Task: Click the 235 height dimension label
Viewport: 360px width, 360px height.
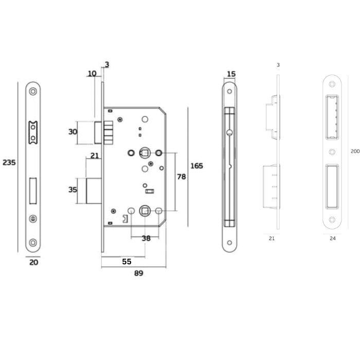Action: point(9,163)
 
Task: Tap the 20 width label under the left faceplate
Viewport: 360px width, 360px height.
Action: point(34,262)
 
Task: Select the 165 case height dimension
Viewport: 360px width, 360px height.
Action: point(197,166)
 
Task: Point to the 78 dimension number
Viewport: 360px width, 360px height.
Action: point(182,176)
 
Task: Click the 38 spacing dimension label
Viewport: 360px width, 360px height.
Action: point(146,238)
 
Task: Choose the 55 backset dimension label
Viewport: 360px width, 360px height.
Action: point(127,261)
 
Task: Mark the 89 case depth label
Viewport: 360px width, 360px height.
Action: point(139,273)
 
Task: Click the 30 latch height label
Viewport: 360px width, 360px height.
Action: point(73,132)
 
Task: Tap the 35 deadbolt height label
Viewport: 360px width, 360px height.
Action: point(73,190)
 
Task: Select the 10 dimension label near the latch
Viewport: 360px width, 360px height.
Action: point(92,74)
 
